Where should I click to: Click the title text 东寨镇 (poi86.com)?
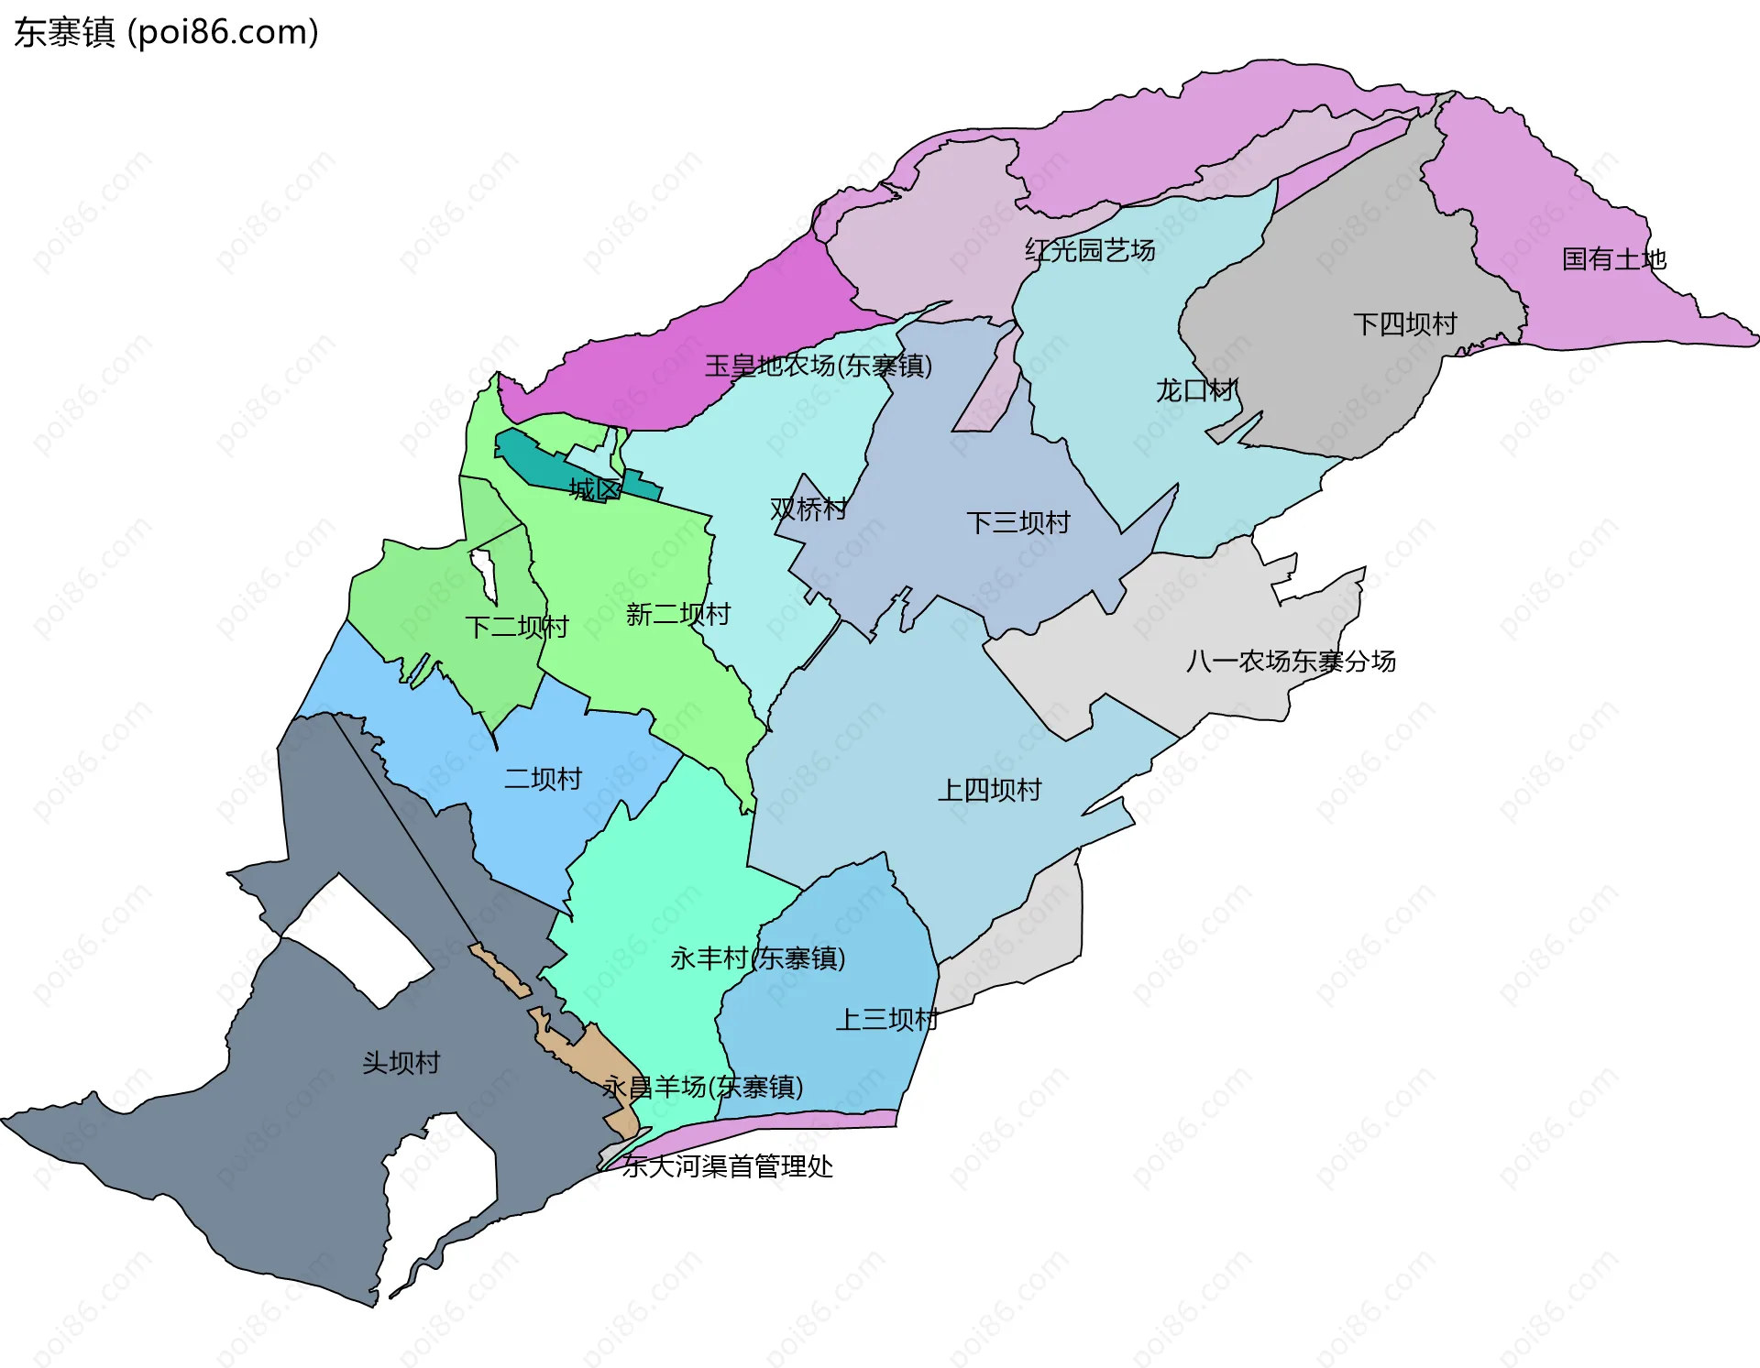click(166, 33)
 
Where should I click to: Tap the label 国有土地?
click(1613, 259)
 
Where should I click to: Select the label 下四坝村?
click(1404, 324)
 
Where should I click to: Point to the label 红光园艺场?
click(1090, 250)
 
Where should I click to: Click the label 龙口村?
click(1195, 390)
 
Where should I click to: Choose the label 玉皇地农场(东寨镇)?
click(818, 366)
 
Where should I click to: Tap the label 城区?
click(595, 489)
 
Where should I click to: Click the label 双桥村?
click(808, 509)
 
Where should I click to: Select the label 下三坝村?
click(1017, 523)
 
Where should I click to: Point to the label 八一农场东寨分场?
click(1291, 661)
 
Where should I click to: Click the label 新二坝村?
click(678, 614)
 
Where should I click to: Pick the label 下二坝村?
click(517, 627)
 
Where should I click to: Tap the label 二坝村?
click(543, 779)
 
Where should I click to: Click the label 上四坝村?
click(989, 790)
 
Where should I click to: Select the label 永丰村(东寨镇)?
click(757, 958)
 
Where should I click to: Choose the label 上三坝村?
click(886, 1019)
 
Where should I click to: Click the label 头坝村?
click(401, 1063)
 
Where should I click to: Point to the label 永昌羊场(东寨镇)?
click(702, 1088)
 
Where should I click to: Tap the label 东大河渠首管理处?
click(727, 1166)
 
